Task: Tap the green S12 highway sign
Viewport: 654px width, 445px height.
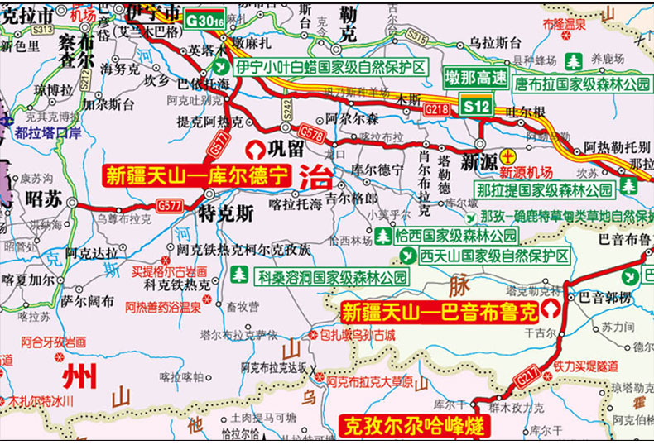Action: point(476,105)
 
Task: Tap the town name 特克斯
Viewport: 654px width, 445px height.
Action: point(226,213)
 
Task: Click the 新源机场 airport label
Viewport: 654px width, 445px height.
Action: point(526,172)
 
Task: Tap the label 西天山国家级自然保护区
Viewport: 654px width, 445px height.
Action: point(493,255)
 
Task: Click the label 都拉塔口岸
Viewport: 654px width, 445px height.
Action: point(53,132)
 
